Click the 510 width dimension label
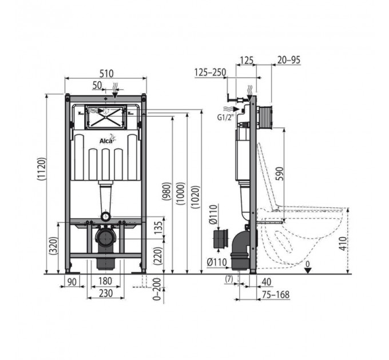106,74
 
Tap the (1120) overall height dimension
42,169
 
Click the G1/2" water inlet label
226,118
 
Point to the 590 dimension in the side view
279,174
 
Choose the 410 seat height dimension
343,243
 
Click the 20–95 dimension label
289,60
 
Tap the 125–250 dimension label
210,73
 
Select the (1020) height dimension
196,197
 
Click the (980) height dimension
166,191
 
